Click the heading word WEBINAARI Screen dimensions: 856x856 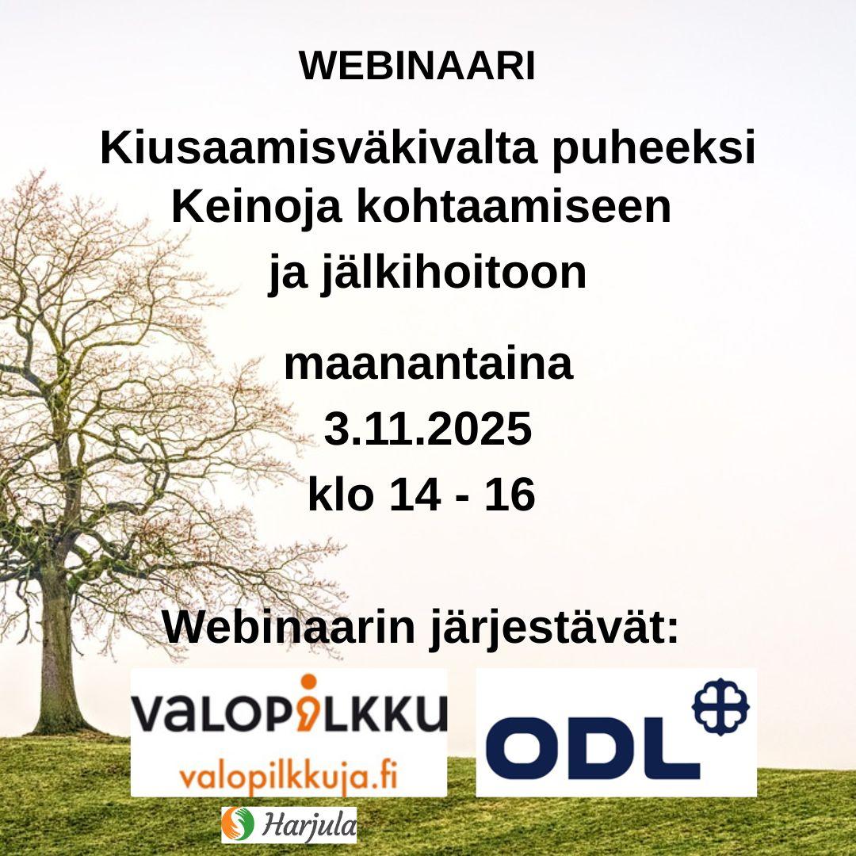pos(417,67)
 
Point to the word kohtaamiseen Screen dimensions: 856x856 pos(514,207)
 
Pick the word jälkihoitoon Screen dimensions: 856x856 pos(453,273)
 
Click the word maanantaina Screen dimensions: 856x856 pos(429,364)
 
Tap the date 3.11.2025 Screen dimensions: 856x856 pos(428,429)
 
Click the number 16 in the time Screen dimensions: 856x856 pos(510,494)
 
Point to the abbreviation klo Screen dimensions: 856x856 pos(341,493)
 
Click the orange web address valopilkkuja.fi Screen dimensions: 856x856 pos(289,775)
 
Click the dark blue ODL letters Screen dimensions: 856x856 pos(599,748)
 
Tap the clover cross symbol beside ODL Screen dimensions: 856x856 pos(720,706)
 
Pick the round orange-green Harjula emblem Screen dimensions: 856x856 pos(238,824)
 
